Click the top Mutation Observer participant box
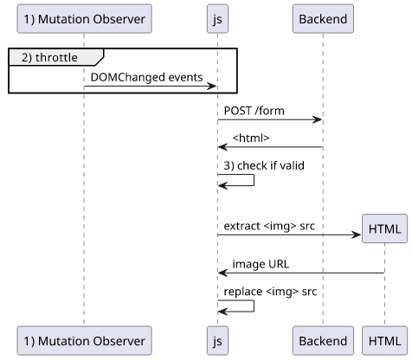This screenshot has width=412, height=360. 84,19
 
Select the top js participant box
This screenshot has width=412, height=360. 217,19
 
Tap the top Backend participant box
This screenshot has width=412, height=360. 323,19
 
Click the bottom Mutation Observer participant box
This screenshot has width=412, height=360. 84,341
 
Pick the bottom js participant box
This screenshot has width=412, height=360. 217,341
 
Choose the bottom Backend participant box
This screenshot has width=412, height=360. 323,341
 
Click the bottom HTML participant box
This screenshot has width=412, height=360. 384,341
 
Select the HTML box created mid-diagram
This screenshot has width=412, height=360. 384,228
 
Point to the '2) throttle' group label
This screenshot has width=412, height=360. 49,57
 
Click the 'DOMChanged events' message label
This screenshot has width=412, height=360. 146,77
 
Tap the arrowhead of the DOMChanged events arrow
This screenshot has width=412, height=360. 212,86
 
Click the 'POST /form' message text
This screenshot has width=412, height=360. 254,111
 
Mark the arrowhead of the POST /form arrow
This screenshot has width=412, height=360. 318,119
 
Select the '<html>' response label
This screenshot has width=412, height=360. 251,138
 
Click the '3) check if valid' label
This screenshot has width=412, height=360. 264,165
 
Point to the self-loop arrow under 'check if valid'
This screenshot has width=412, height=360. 254,180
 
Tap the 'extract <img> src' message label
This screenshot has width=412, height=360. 269,226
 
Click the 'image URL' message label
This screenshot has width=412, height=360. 261,264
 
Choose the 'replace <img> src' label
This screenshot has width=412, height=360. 270,292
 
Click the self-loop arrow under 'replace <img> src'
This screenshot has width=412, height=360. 254,305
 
